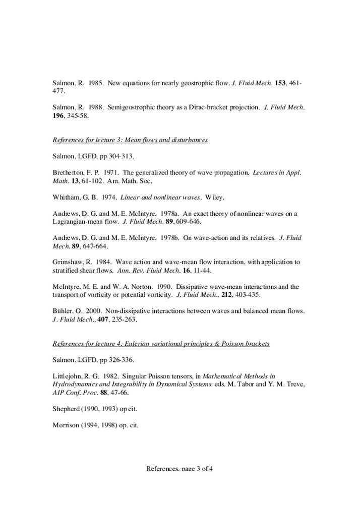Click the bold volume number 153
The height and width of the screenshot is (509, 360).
[280, 83]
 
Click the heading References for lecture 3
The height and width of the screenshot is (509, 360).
[130, 140]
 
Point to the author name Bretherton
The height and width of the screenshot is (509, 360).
[69, 172]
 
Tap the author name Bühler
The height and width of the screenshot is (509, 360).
[63, 311]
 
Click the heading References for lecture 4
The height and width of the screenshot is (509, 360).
[161, 343]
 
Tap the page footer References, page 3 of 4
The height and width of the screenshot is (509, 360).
[179, 469]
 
